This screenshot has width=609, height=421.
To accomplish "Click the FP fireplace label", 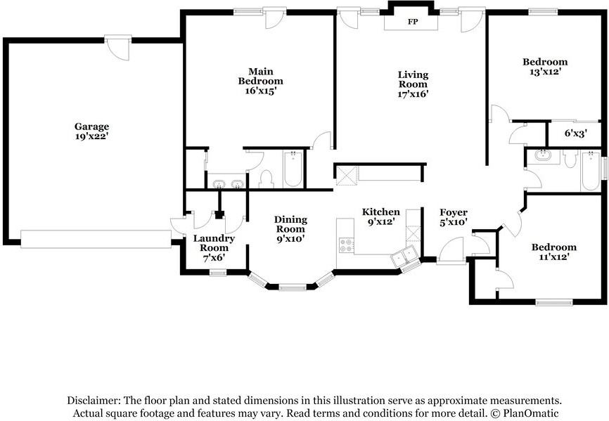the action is tap(413, 22).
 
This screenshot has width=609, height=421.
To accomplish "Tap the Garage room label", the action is tap(91, 127).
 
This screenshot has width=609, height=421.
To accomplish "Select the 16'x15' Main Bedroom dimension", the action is tap(261, 91).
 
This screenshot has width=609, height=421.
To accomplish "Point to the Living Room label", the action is tap(413, 79).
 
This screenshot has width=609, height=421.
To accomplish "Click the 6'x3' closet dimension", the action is tap(576, 134).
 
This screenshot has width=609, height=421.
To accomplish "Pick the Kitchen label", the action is tap(380, 212).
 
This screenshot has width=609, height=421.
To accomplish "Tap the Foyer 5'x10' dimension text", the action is tap(454, 222).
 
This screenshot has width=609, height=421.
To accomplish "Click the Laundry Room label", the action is tap(214, 243).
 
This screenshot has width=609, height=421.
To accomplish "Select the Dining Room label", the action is tap(290, 224).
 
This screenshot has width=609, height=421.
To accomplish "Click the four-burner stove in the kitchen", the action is tap(347, 245).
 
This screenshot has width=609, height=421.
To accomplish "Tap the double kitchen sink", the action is tap(404, 257).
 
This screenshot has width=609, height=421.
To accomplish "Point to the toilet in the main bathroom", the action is tap(267, 179).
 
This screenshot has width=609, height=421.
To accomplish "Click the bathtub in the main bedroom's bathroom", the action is tap(293, 169).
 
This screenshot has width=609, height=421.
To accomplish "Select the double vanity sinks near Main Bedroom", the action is tap(226, 183).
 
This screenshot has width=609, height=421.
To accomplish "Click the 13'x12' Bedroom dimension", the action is tap(544, 72).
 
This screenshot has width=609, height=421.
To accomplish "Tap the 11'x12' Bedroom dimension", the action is tap(554, 257).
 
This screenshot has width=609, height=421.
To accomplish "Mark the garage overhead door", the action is tap(96, 239).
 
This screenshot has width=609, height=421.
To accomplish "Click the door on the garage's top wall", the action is tap(118, 48).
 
